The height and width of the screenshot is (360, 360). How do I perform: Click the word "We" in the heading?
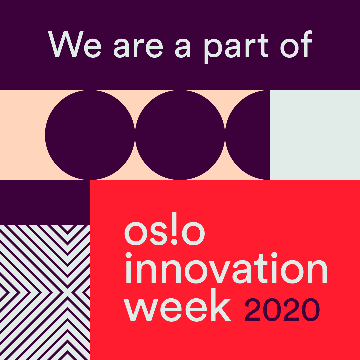click(74, 44)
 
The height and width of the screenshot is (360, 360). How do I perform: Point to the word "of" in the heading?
click(296, 44)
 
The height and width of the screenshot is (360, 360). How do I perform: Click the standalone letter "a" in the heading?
click(183, 48)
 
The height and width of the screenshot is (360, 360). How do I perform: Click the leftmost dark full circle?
click(90, 135)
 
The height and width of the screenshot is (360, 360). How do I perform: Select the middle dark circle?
click(180, 135)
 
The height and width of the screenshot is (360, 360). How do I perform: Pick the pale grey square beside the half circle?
click(315, 135)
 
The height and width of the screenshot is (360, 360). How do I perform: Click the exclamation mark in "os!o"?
click(174, 228)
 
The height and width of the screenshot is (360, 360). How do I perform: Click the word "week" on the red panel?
click(177, 305)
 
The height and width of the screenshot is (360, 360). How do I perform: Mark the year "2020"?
click(282, 310)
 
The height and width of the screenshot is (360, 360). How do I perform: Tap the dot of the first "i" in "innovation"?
click(129, 255)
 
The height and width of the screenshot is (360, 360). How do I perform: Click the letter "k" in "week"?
click(221, 304)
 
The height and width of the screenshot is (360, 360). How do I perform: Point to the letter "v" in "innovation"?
click(219, 272)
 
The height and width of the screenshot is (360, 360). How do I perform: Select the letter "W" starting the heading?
click(66, 44)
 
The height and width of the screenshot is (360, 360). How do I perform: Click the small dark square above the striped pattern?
click(45, 203)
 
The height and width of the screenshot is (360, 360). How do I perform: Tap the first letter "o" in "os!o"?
click(136, 233)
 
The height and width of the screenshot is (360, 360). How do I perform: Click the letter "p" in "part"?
click(213, 51)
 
